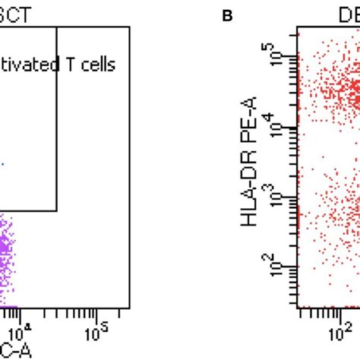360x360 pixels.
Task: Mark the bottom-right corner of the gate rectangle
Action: coord(57,210)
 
